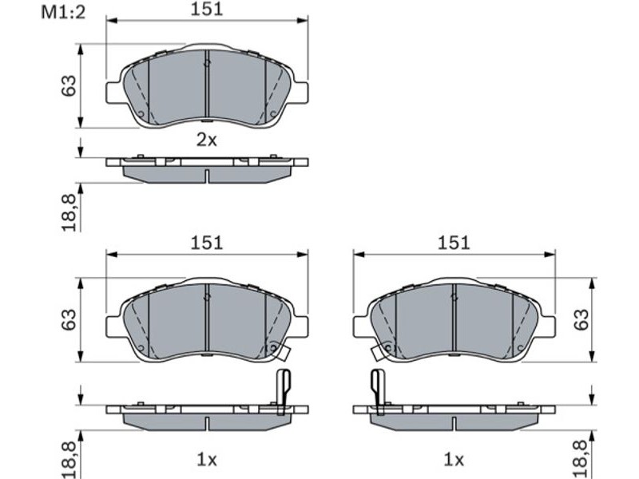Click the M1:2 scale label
[63, 13]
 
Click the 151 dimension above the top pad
[207, 9]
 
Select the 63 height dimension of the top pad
[69, 85]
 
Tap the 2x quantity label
[207, 141]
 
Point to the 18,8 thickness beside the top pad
[69, 212]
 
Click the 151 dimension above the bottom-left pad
[207, 243]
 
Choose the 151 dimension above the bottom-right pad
[454, 243]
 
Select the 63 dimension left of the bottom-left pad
[69, 319]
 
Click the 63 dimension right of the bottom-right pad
[581, 319]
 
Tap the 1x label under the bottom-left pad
[207, 461]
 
